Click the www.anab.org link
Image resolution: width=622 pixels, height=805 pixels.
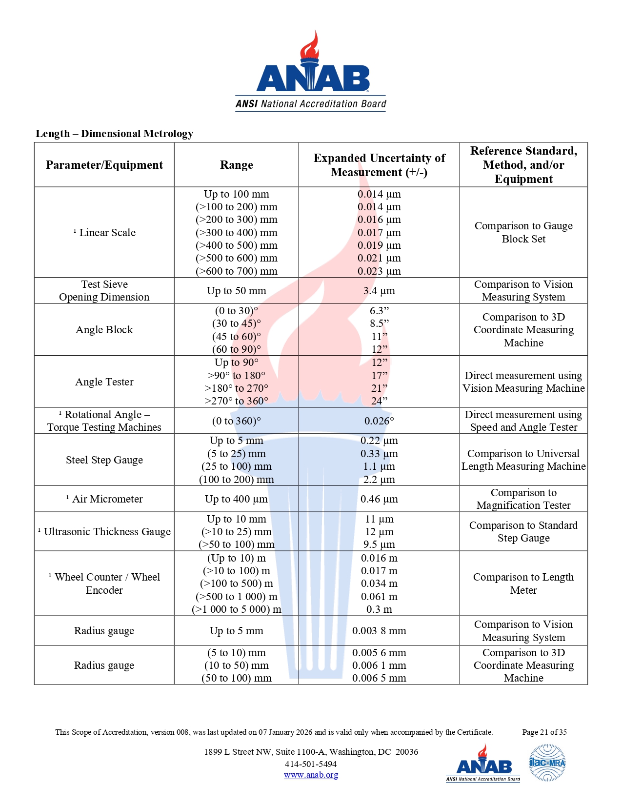click(311, 775)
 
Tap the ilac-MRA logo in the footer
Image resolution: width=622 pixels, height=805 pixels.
click(547, 763)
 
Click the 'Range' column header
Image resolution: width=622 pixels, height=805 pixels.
click(236, 165)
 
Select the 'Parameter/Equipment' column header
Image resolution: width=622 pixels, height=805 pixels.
click(104, 165)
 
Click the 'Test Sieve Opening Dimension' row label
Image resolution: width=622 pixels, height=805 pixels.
click(104, 291)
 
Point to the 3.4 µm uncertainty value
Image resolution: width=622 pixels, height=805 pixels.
click(379, 291)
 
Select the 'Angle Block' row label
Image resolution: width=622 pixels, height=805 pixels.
click(104, 330)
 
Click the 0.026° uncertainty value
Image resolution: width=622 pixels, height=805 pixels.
click(379, 421)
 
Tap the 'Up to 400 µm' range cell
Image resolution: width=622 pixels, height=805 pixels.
click(236, 499)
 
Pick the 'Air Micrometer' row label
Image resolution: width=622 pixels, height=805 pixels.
click(107, 499)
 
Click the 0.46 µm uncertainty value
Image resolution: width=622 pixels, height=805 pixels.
click(379, 499)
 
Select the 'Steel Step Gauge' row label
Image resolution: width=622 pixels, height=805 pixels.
click(104, 460)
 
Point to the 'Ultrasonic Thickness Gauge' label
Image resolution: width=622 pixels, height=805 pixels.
click(107, 532)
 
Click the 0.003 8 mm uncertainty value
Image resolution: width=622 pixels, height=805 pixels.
click(379, 631)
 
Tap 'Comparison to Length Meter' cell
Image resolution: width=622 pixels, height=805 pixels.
click(523, 584)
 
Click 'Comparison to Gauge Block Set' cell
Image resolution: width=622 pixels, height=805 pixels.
click(523, 232)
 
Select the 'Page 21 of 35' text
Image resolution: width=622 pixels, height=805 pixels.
click(544, 732)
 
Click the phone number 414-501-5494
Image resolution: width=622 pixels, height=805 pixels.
click(311, 764)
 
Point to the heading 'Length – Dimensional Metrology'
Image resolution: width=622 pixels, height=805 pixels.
click(114, 134)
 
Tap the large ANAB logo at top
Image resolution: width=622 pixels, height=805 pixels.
click(311, 73)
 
